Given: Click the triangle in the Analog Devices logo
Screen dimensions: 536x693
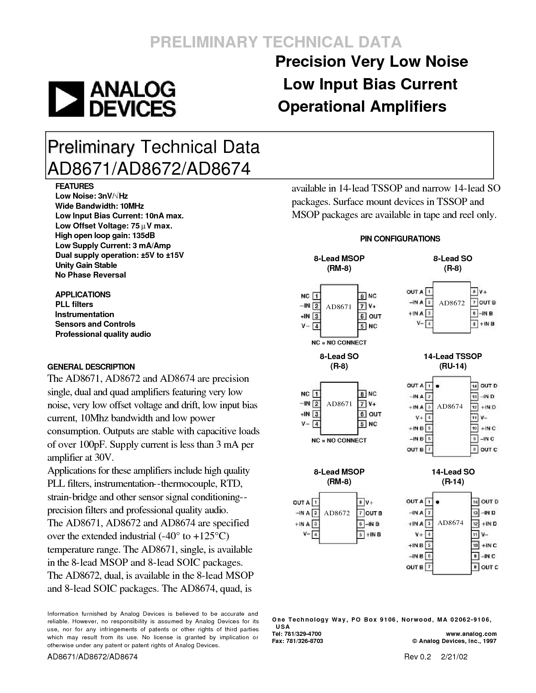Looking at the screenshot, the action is click(66, 99).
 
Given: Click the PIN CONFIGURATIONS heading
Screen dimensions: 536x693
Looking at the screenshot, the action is click(400, 239).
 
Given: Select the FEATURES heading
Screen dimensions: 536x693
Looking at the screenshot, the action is click(74, 186).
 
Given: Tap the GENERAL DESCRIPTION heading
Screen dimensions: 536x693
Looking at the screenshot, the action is click(91, 367).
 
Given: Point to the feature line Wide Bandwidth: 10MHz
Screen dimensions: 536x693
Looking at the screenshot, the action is click(100, 206).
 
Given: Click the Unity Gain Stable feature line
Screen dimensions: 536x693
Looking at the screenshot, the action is click(86, 265).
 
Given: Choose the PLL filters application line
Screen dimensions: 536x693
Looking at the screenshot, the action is click(74, 304).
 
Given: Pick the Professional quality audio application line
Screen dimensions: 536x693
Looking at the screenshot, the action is click(103, 334).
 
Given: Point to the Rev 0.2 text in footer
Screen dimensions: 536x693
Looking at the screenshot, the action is click(417, 656).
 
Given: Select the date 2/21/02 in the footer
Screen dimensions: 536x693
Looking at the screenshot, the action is click(454, 656).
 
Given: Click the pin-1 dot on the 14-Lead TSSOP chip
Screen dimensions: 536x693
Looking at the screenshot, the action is click(437, 386).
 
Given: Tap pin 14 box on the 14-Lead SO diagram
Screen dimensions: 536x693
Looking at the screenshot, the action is click(475, 502).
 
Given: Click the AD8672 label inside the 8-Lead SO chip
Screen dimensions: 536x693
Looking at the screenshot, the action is click(452, 303).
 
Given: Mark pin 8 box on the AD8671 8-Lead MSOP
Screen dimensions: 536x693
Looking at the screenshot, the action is click(362, 296).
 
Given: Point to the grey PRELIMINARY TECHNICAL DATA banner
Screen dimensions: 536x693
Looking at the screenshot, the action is click(276, 42).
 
